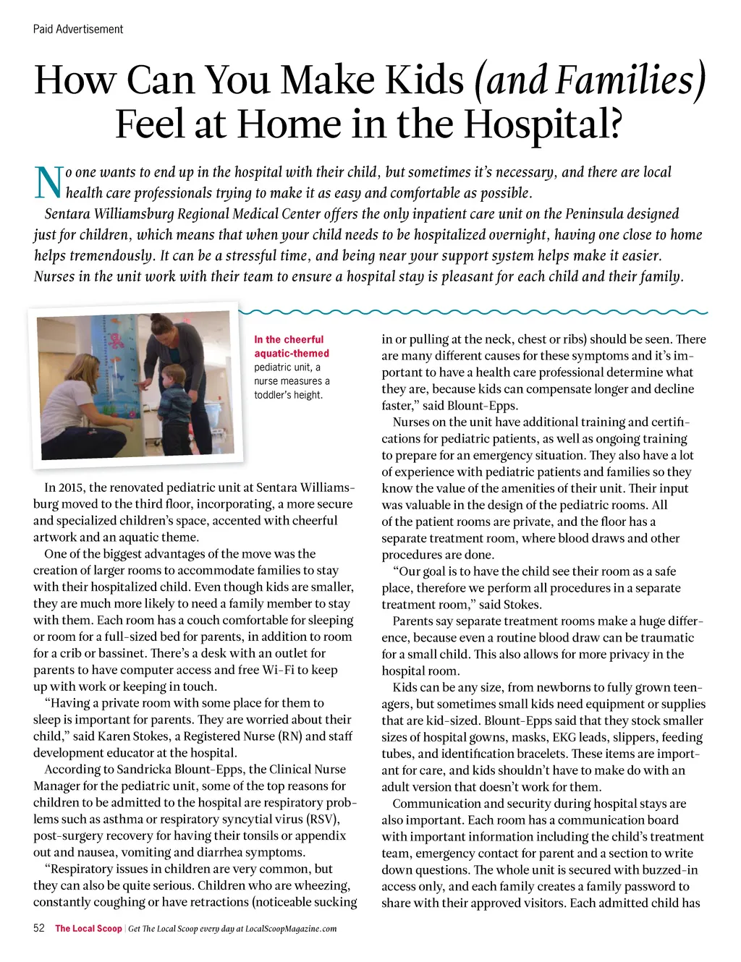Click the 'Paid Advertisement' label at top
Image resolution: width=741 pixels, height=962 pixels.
tap(78, 29)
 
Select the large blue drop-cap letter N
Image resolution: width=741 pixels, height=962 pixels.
tap(48, 182)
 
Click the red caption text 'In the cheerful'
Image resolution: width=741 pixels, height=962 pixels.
tap(289, 339)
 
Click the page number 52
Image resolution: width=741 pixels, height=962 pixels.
tap(39, 928)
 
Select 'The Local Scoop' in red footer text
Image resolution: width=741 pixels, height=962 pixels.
tap(88, 929)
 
